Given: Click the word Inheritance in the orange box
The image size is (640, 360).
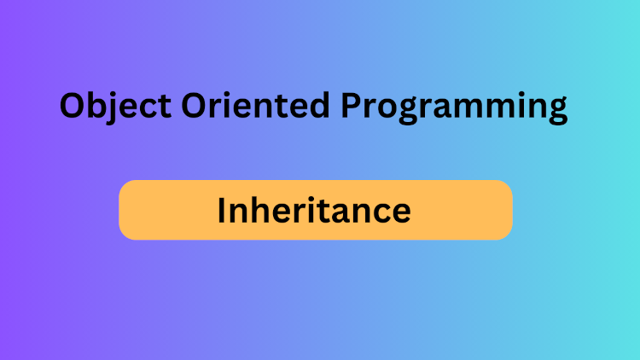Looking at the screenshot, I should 314,210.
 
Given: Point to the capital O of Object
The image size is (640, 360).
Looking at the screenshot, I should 74,107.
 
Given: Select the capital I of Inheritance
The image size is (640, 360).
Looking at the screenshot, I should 221,210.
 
